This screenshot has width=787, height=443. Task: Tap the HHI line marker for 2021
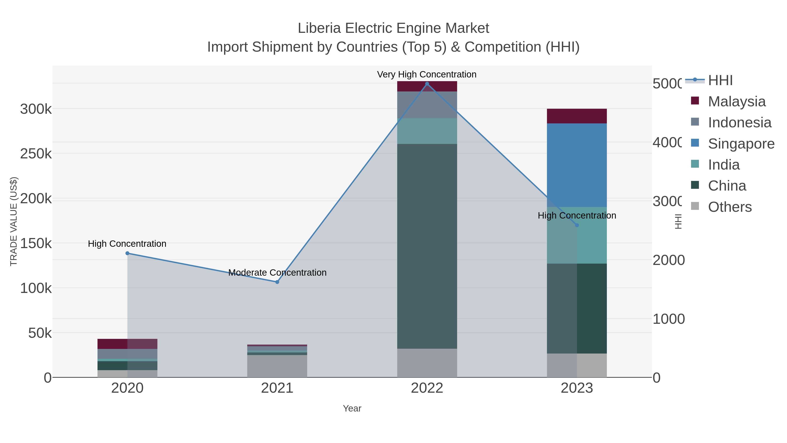pos(277,282)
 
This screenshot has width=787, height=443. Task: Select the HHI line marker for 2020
pos(127,253)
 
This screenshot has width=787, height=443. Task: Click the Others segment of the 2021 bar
pos(277,366)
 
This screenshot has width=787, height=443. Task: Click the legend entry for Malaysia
pos(737,102)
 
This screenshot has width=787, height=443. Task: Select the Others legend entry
pos(730,207)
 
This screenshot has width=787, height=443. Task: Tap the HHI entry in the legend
pos(720,81)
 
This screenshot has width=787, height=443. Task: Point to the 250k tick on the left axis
pos(36,154)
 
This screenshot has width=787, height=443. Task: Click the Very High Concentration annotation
pos(427,74)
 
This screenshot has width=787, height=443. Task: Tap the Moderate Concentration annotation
pos(277,272)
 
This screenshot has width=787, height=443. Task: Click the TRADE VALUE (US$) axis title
pos(14,221)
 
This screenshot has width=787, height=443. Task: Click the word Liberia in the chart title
pos(319,28)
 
